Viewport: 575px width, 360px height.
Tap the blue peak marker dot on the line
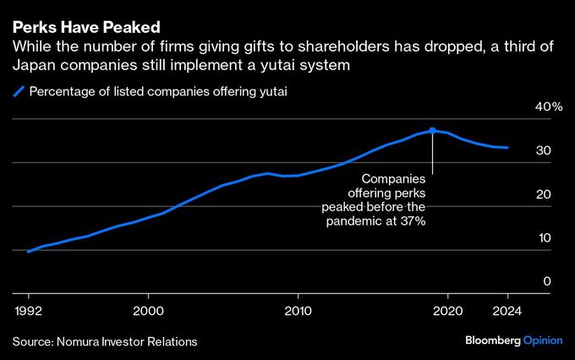[x=432, y=130]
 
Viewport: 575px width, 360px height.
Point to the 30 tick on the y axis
[x=545, y=151]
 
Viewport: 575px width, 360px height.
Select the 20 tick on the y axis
[x=545, y=195]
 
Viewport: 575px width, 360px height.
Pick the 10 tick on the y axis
[x=545, y=238]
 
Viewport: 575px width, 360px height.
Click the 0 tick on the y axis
[x=548, y=282]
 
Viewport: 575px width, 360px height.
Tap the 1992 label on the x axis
[x=29, y=310]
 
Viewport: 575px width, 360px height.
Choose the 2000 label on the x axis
[x=149, y=310]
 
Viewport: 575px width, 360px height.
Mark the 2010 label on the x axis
[x=298, y=310]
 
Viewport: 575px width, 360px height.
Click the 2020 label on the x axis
[x=446, y=310]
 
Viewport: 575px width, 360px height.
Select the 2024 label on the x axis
[x=507, y=310]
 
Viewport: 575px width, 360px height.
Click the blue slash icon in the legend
[x=18, y=92]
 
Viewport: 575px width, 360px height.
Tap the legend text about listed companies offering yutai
[x=158, y=92]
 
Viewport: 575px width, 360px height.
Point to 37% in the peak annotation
[x=412, y=221]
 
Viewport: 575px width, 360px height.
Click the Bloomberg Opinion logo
[x=513, y=341]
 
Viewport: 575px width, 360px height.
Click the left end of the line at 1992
[x=29, y=251]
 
